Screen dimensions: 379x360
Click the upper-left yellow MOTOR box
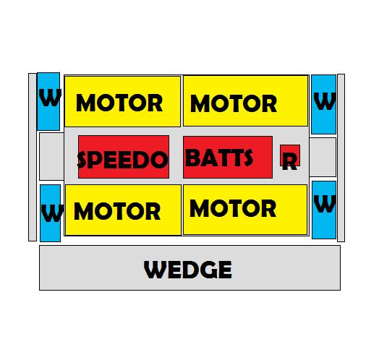click(x=122, y=101)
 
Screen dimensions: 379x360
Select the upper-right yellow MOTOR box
click(x=246, y=100)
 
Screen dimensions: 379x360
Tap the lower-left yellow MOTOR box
click(x=123, y=210)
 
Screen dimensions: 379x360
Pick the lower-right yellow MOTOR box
click(x=245, y=210)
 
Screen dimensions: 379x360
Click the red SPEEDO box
click(x=124, y=157)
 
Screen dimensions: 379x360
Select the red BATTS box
click(x=228, y=157)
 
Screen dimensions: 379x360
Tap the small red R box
click(x=290, y=155)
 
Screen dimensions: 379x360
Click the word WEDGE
click(x=188, y=270)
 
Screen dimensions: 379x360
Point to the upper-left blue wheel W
click(x=48, y=101)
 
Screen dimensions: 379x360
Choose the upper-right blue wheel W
click(x=323, y=104)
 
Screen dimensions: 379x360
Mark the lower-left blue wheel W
click(x=51, y=213)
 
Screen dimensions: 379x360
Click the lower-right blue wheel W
click(x=324, y=210)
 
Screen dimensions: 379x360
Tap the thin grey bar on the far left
click(x=33, y=157)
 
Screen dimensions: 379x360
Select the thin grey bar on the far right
click(x=341, y=158)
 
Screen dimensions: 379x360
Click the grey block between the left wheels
click(x=51, y=156)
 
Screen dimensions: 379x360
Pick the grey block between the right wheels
click(x=323, y=157)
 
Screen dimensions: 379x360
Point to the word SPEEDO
click(x=122, y=160)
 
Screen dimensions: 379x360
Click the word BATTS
click(x=219, y=158)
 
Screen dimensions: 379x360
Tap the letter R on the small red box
click(x=289, y=162)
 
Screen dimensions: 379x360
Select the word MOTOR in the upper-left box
click(x=119, y=103)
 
